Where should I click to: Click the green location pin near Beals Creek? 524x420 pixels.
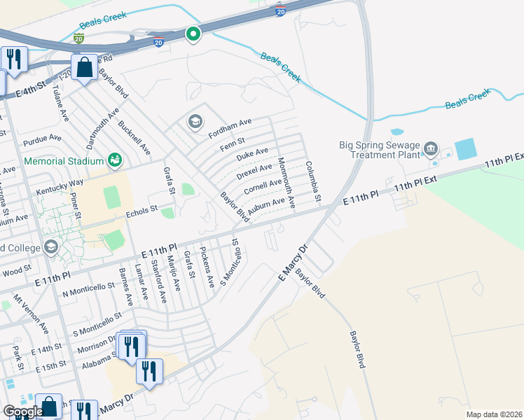(x=193, y=34)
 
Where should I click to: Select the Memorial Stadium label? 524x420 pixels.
(x=64, y=161)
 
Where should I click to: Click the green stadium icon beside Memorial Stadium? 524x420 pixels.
(x=115, y=161)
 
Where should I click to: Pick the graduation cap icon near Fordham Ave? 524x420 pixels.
(x=195, y=122)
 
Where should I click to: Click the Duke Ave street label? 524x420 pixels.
(x=252, y=153)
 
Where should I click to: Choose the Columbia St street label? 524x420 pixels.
(x=312, y=182)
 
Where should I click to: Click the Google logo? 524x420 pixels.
(x=23, y=412)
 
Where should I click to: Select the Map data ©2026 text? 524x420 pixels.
(x=494, y=414)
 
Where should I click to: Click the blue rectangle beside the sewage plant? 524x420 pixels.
(x=464, y=149)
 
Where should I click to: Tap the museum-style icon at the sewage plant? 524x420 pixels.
(x=430, y=148)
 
